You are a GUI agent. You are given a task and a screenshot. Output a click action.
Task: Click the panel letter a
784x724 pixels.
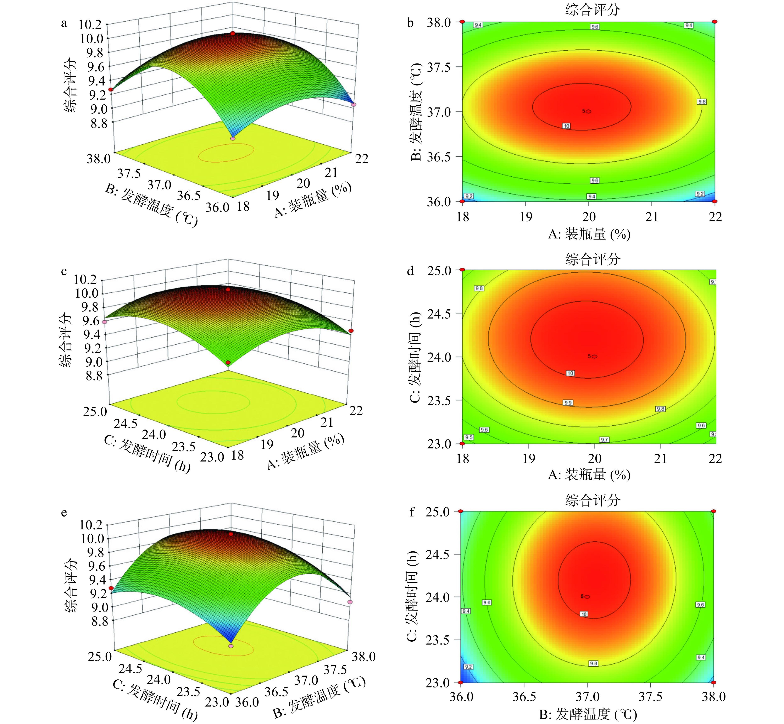pyautogui.click(x=64, y=23)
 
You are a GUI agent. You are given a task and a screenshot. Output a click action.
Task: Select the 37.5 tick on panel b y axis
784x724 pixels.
pyautogui.click(x=441, y=67)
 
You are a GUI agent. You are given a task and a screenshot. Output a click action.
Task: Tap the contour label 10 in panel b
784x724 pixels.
pyautogui.click(x=567, y=126)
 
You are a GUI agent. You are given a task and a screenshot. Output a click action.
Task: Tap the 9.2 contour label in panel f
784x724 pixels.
pyautogui.click(x=468, y=666)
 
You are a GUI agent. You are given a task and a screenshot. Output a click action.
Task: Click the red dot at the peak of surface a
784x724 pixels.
pyautogui.click(x=233, y=34)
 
